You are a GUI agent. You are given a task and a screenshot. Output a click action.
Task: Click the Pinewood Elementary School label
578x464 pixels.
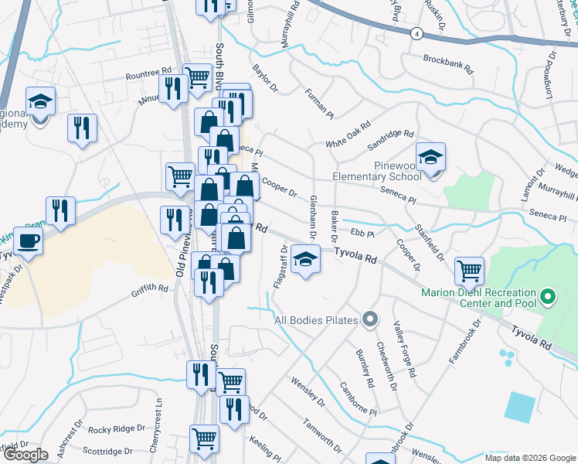click(377, 170)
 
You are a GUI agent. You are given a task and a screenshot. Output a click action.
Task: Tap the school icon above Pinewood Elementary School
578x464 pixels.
click(430, 157)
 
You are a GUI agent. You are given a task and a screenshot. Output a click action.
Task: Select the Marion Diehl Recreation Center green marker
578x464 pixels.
click(548, 296)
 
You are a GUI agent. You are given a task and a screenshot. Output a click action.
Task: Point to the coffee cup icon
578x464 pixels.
click(28, 241)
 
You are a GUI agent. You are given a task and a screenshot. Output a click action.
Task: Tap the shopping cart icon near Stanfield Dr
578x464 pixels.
click(469, 271)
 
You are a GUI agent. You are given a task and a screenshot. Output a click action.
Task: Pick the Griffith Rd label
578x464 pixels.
click(150, 287)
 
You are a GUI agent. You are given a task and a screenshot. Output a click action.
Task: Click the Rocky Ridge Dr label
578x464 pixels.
click(117, 428)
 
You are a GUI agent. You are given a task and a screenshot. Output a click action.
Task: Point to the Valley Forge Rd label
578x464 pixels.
click(404, 350)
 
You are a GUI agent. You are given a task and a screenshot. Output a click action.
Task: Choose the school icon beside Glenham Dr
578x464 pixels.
click(307, 260)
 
